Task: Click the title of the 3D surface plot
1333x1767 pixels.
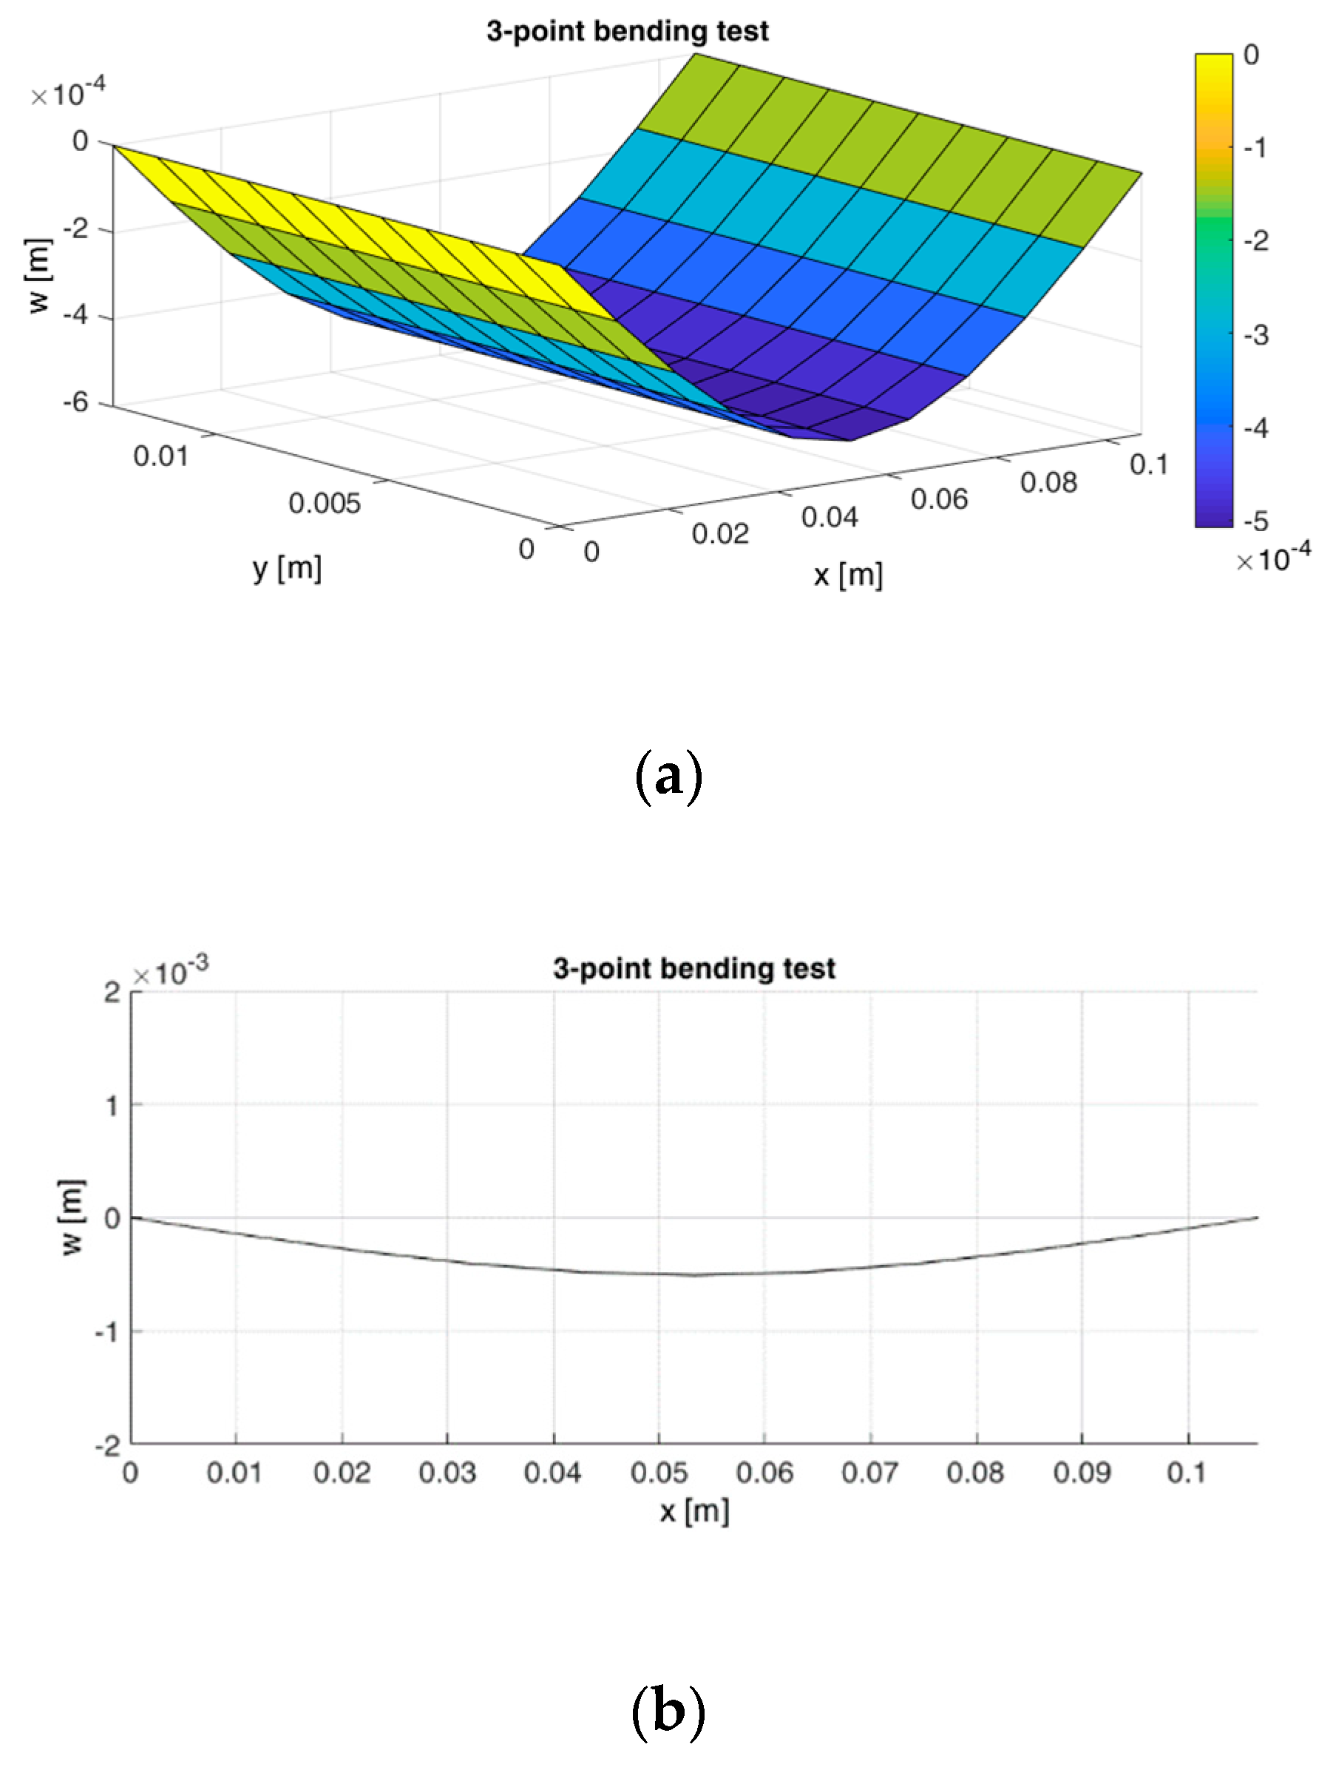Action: (627, 32)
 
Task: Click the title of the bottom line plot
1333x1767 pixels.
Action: (693, 969)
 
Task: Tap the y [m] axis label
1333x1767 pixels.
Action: (287, 570)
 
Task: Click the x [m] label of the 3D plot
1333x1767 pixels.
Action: (847, 575)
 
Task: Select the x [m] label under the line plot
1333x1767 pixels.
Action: (694, 1510)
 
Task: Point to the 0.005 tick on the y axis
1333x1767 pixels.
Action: (325, 504)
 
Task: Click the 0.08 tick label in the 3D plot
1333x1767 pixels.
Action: (1048, 482)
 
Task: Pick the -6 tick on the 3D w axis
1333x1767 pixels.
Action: (77, 402)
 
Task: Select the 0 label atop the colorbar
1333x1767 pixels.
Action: (1252, 55)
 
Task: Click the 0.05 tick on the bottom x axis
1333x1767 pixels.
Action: (658, 1472)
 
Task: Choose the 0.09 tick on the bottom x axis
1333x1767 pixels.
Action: (1082, 1472)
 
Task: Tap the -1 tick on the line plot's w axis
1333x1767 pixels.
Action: (106, 1332)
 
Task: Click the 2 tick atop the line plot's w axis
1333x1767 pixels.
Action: (112, 993)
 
